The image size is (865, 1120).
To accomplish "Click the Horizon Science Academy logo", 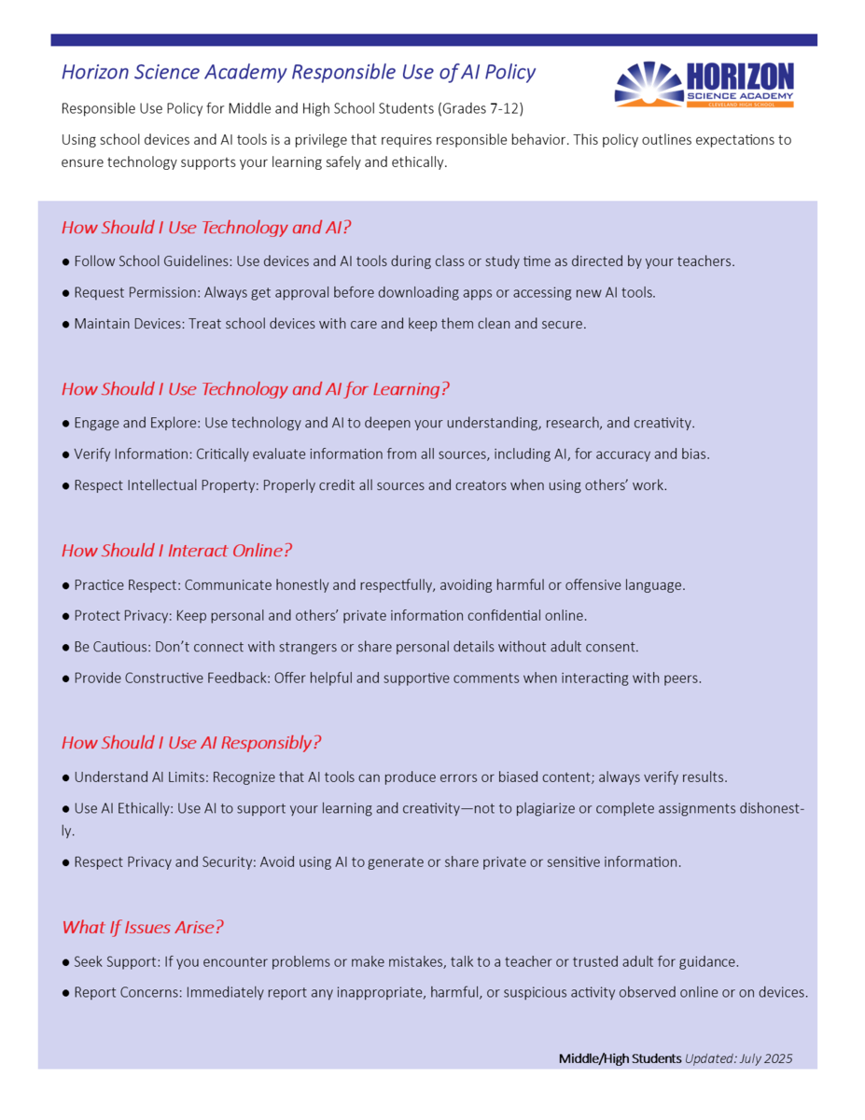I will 704,84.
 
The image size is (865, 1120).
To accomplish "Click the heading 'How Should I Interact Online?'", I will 176,551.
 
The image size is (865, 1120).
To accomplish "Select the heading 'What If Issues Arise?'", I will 143,927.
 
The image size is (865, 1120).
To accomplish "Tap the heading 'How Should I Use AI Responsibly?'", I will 191,743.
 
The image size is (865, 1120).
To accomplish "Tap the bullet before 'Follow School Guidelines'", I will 65,261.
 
